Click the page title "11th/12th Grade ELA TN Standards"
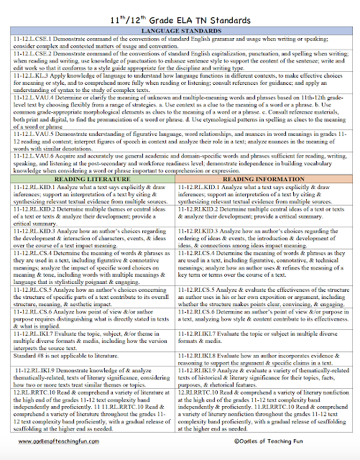point(180,16)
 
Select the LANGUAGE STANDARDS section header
point(180,31)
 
